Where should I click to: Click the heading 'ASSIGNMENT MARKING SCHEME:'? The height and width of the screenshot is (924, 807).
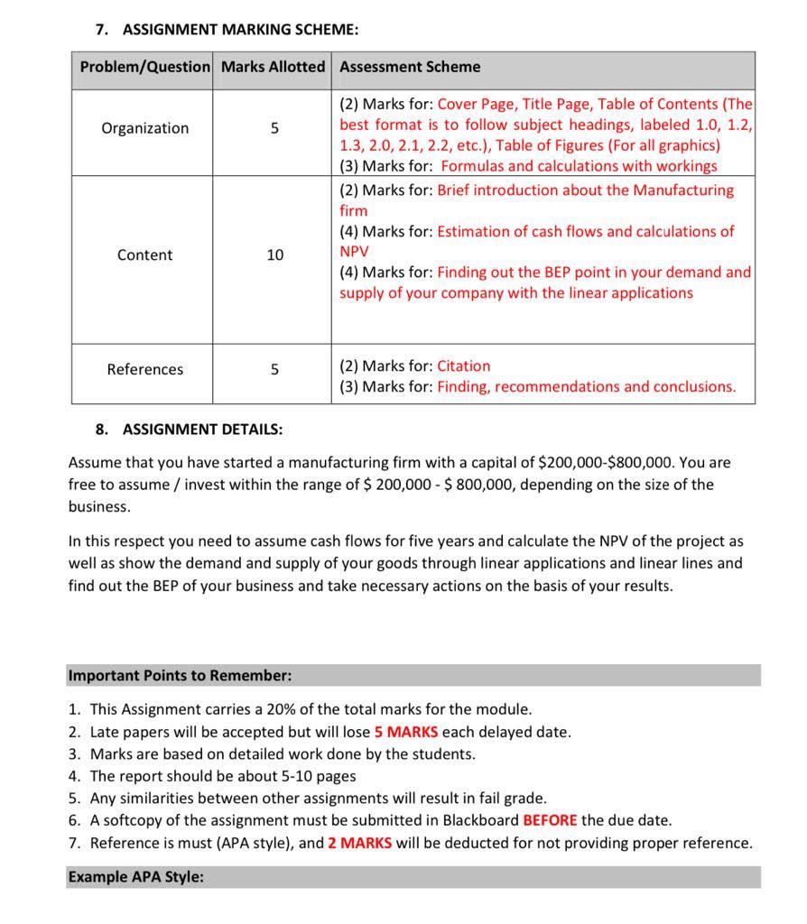240,30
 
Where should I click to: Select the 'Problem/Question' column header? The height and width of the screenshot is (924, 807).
144,67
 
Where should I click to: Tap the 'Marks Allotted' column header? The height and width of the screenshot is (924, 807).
273,67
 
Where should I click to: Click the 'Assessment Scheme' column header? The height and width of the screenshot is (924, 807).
410,67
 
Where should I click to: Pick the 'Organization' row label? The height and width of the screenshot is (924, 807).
144,128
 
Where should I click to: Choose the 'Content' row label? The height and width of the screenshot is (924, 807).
144,255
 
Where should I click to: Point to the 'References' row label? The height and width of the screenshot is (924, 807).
144,369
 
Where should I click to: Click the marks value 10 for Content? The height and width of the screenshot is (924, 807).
274,255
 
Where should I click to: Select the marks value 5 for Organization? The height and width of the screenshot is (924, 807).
274,128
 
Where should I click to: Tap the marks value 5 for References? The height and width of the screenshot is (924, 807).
274,369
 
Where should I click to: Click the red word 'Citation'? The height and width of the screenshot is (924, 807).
464,365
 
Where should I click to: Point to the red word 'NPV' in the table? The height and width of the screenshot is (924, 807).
354,251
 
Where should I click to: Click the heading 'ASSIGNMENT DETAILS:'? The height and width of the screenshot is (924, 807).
202,429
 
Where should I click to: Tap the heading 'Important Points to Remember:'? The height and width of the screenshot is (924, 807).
180,675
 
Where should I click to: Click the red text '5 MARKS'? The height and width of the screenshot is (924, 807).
405,732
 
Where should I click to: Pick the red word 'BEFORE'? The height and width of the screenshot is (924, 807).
550,820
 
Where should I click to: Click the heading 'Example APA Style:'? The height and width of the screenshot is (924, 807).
135,876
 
